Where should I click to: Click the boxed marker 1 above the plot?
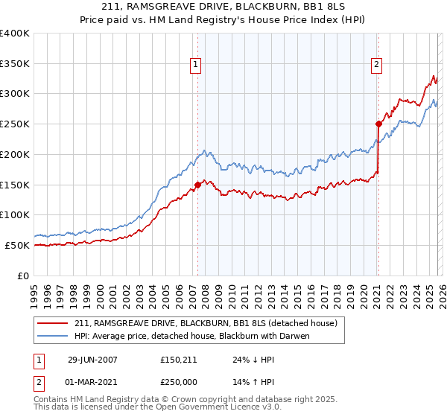[195, 65]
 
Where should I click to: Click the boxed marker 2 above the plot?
[376, 65]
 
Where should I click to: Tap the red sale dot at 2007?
[198, 184]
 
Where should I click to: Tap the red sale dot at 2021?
[378, 124]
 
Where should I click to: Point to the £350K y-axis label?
[15, 64]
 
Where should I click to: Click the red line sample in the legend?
[54, 323]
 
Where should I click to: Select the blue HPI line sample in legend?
[54, 336]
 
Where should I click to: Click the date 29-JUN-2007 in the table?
[92, 359]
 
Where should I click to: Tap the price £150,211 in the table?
[177, 359]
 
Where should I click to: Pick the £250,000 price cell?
[177, 381]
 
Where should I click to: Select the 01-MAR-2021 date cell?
[92, 381]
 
